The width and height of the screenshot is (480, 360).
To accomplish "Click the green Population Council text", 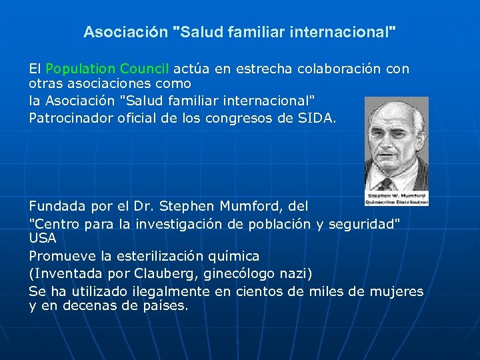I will click(x=108, y=69).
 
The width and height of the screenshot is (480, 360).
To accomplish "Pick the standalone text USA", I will click(x=43, y=238).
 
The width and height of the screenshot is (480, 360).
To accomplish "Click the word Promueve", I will click(x=60, y=255).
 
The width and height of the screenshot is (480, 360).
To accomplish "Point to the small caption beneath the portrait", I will click(x=397, y=198).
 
